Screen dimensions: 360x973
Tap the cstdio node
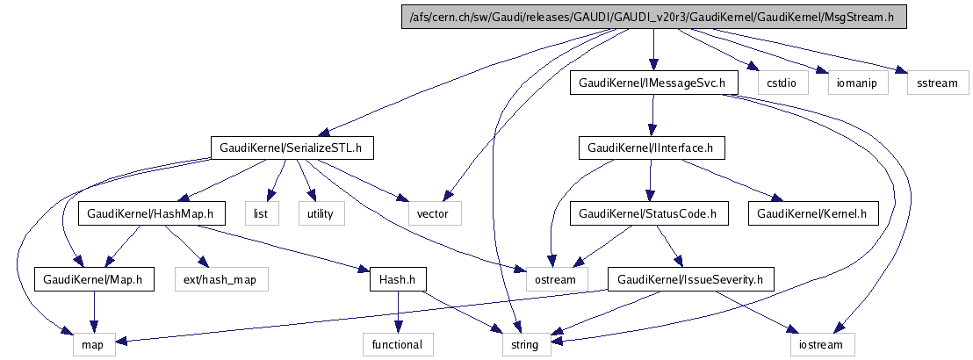click(x=781, y=83)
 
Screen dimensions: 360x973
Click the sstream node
click(x=937, y=83)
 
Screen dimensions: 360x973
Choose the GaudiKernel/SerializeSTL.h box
click(x=292, y=148)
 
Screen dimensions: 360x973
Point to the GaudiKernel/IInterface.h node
click(x=651, y=148)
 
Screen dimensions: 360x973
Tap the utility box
click(x=321, y=213)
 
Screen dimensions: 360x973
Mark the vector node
click(x=434, y=213)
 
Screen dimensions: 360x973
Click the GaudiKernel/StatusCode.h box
click(x=650, y=213)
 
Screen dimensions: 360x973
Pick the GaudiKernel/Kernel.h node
click(x=813, y=213)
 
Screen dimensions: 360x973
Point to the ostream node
click(x=555, y=279)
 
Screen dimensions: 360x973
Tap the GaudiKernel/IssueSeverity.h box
click(x=691, y=279)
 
